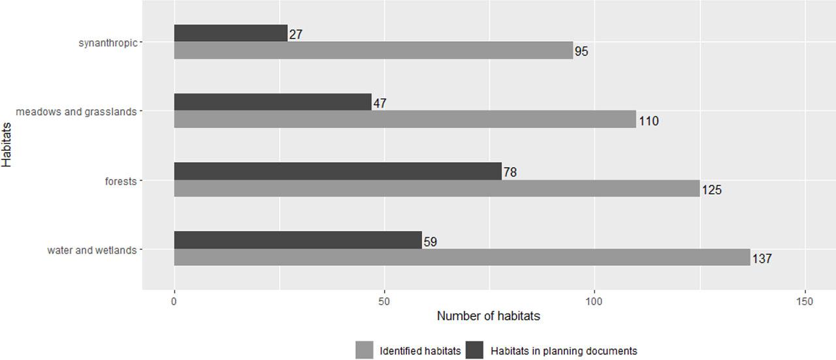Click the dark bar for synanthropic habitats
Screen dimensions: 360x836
[231, 33]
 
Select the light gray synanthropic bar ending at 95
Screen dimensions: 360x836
[373, 51]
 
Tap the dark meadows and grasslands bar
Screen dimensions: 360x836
[272, 102]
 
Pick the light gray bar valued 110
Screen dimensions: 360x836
[404, 120]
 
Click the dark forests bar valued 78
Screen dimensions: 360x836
[337, 171]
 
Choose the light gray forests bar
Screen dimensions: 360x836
[436, 189]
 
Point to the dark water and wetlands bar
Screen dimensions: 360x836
[297, 240]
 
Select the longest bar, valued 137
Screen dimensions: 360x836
[462, 257]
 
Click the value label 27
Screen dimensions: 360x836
[295, 35]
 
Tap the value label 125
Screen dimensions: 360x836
[712, 190]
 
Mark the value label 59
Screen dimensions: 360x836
[430, 242]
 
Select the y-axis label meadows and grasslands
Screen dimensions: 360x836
[76, 112]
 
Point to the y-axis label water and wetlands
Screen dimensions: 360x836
[92, 250]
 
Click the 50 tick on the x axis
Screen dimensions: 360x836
[384, 301]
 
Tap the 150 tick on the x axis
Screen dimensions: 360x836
[805, 301]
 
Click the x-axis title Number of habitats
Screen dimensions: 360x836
[489, 316]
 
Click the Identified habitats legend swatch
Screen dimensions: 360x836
[364, 350]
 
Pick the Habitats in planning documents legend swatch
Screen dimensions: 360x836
[475, 350]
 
